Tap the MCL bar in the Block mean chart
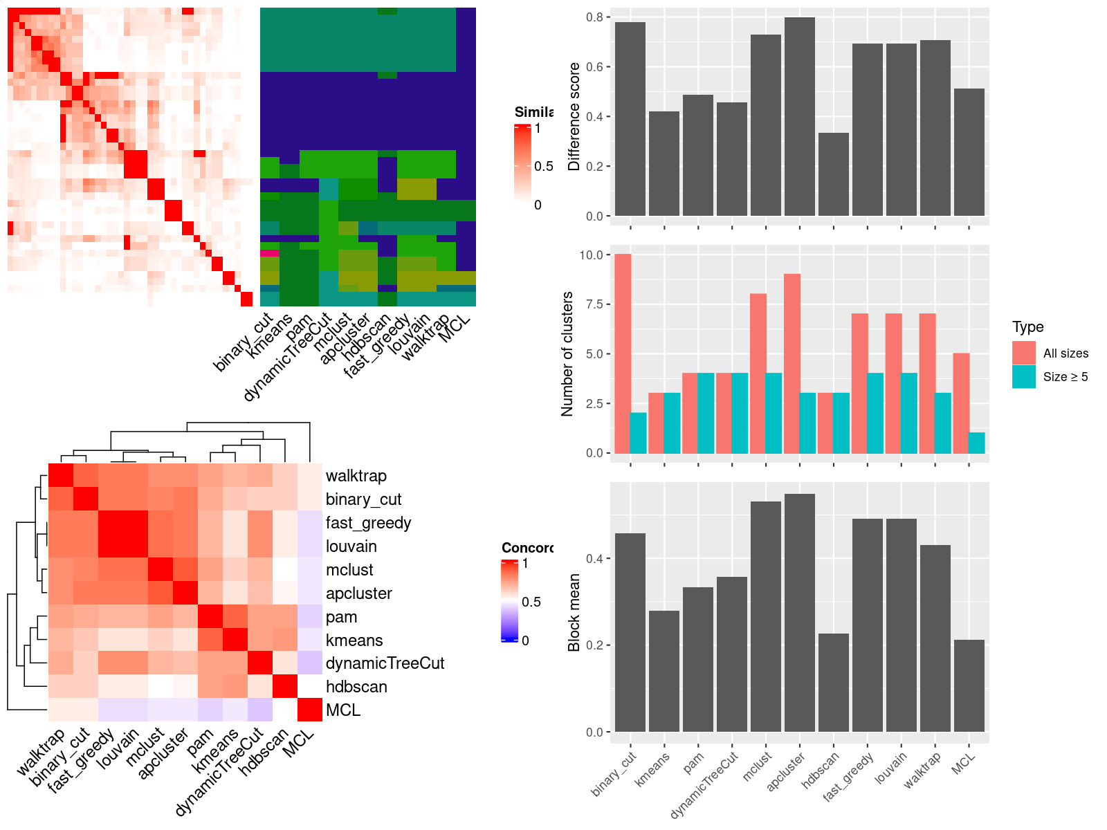pyautogui.click(x=969, y=685)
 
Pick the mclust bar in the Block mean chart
pyautogui.click(x=765, y=616)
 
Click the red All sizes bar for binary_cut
pyautogui.click(x=622, y=353)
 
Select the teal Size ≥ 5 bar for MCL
pyautogui.click(x=976, y=443)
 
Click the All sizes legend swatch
pyautogui.click(x=1023, y=353)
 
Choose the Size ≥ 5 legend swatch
pyautogui.click(x=1023, y=377)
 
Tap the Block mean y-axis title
pyautogui.click(x=574, y=613)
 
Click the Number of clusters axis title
pyautogui.click(x=567, y=353)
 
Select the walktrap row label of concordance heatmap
pyautogui.click(x=356, y=476)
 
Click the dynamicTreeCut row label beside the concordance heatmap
pyautogui.click(x=385, y=663)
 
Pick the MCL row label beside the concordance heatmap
pyautogui.click(x=342, y=710)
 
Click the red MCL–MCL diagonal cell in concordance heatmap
pyautogui.click(x=310, y=710)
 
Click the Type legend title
pyautogui.click(x=1027, y=327)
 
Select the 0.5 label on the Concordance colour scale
pyautogui.click(x=531, y=602)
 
